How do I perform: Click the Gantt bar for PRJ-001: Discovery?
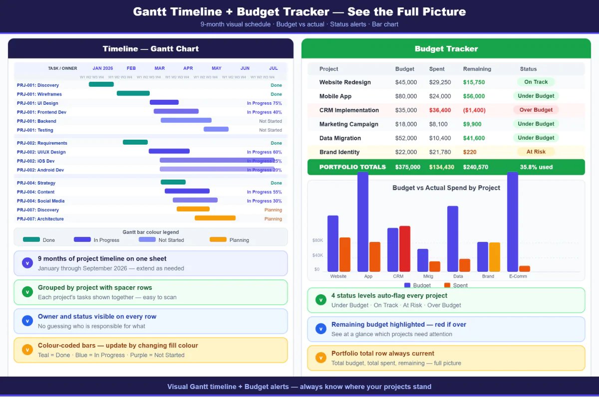point(101,84)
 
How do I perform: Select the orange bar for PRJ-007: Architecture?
point(215,218)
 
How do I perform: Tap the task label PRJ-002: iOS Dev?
point(36,161)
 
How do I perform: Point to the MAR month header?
point(160,68)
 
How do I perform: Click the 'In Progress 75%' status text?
point(264,103)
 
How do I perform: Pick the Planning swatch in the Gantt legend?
point(218,240)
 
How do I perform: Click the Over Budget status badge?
point(536,110)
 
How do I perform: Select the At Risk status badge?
point(536,152)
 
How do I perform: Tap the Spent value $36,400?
point(440,110)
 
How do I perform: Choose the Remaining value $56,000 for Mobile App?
point(474,96)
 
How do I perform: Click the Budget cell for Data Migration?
point(406,138)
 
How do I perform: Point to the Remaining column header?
point(477,69)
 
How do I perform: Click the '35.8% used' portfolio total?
point(536,167)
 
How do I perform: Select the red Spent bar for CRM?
point(404,248)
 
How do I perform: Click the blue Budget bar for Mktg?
point(423,260)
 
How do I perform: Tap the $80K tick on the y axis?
point(317,240)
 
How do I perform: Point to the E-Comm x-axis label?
point(518,276)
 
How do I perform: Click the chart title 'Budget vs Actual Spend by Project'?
point(446,188)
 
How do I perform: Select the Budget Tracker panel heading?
point(446,49)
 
